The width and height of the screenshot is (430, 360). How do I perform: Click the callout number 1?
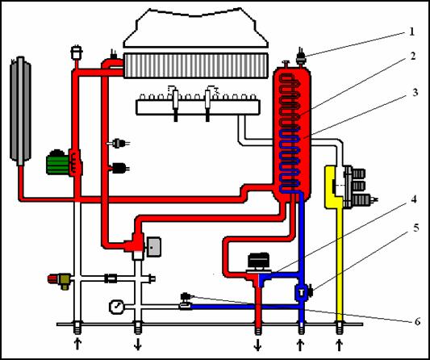point(411,32)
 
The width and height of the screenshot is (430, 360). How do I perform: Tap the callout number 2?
point(413,57)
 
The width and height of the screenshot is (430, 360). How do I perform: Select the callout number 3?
point(415,93)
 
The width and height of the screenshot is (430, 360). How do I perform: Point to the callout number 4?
point(414,199)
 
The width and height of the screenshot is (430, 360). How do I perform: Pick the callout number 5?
point(416,228)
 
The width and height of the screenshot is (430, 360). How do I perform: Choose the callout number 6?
point(417,321)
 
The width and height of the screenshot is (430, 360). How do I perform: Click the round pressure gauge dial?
point(116,307)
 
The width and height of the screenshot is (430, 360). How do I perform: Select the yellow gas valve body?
point(333,186)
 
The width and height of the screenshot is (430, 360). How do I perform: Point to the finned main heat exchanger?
point(195,65)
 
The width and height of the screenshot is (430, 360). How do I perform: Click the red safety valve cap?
point(52,279)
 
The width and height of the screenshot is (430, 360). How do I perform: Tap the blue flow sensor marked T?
point(302,292)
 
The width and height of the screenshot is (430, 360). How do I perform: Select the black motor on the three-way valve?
point(259,261)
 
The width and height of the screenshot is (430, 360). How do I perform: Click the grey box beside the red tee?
point(154,247)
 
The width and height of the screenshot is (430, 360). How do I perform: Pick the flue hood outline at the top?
point(195,27)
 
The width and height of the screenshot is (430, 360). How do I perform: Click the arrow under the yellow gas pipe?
point(339,345)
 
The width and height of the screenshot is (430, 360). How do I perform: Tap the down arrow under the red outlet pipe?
point(257,345)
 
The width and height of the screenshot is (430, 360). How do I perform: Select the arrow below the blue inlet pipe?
point(301,345)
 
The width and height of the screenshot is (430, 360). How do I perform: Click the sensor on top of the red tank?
point(301,57)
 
